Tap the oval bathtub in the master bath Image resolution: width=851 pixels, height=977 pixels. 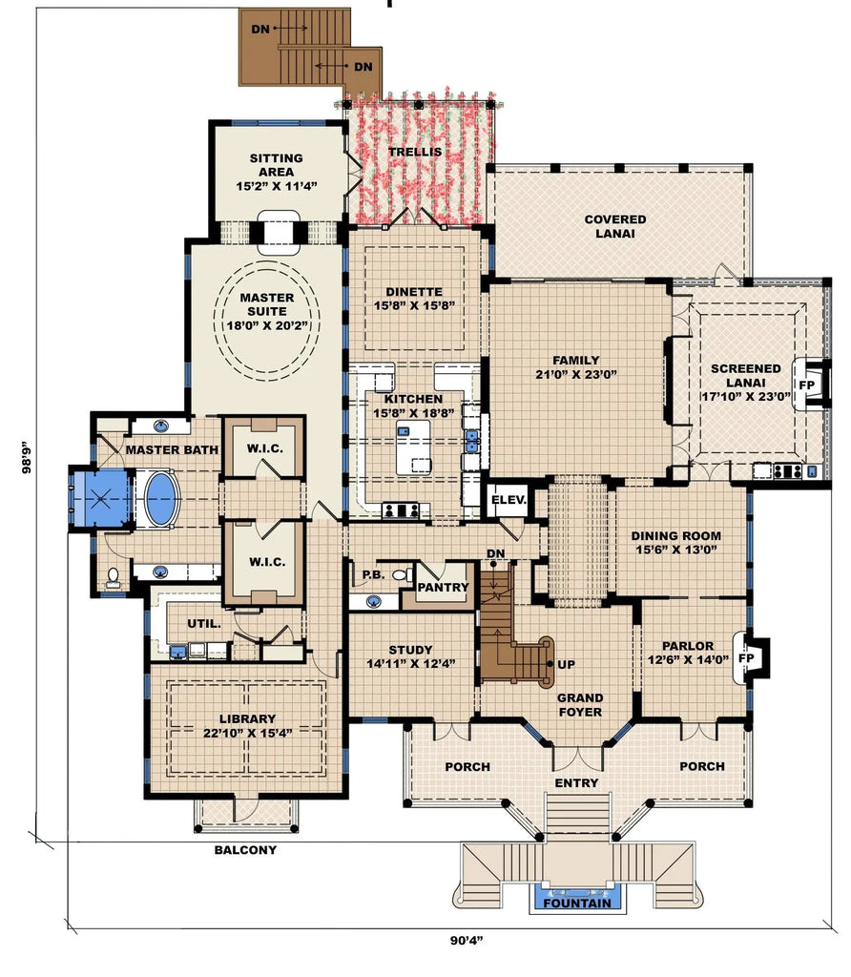pos(160,497)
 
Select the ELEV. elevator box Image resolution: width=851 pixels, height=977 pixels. pos(504,500)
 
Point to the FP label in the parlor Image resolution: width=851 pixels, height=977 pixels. pos(746,657)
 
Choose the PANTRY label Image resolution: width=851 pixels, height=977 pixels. pos(444,588)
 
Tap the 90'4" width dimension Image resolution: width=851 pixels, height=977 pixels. pos(467,941)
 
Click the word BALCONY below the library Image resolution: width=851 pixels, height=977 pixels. pos(245,850)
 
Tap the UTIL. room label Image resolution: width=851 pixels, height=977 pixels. pos(203,623)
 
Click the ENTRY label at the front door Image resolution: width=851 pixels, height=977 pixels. pos(576,782)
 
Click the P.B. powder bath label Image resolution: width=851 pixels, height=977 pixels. pos(372,575)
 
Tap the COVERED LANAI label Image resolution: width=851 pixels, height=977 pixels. pos(614,226)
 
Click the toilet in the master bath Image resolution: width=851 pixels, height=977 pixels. pos(114,576)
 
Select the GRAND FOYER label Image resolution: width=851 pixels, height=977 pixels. pos(580,704)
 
